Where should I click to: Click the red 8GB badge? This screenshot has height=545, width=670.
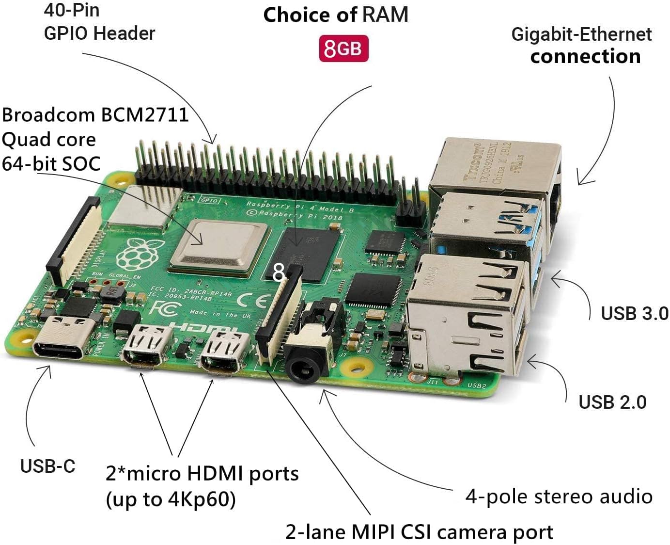[343, 48]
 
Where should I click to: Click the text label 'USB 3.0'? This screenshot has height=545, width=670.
[634, 314]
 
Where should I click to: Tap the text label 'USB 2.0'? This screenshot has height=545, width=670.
[612, 402]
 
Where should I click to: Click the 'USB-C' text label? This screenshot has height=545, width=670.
[47, 466]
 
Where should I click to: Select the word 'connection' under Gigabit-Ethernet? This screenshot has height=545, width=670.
[585, 56]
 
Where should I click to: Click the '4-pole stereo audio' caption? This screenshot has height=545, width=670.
[559, 497]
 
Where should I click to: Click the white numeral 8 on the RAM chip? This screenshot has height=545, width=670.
[278, 272]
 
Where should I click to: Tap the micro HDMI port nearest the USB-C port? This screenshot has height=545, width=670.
[147, 346]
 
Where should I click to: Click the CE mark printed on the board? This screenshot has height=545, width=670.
[252, 301]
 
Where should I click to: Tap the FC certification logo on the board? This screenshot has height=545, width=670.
[162, 308]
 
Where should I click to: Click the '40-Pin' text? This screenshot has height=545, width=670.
[71, 10]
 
